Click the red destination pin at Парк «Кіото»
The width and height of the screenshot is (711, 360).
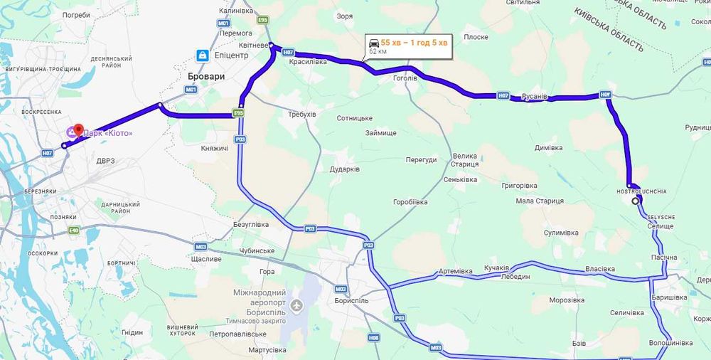tap(77, 130)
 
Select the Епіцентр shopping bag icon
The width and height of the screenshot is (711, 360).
tap(203, 55)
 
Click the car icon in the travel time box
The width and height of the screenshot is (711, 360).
tap(374, 43)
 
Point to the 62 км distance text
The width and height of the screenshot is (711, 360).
tap(378, 52)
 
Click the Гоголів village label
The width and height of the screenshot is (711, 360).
tap(405, 78)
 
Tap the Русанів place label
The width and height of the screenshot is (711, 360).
tap(533, 97)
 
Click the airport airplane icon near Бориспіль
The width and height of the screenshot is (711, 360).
tap(296, 306)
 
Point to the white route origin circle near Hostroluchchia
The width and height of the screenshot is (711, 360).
tap(636, 201)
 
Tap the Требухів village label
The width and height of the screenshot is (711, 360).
tap(301, 114)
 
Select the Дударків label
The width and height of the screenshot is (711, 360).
tap(344, 169)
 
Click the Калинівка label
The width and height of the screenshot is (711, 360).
tap(237, 11)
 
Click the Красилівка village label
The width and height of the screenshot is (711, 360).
tap(307, 62)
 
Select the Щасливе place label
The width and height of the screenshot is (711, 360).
tap(207, 259)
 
